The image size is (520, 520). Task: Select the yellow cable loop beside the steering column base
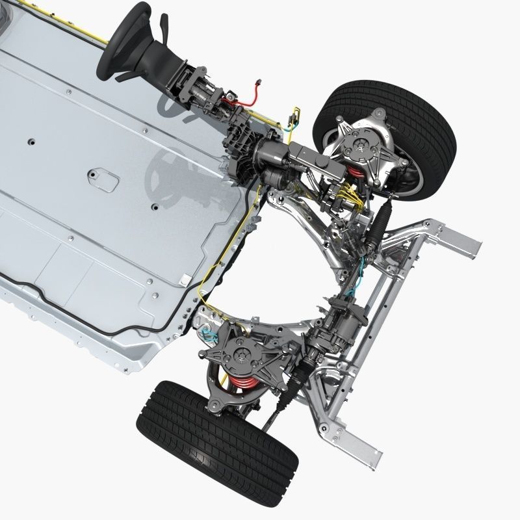[295, 117]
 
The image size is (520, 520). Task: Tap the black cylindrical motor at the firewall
[273, 156]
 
